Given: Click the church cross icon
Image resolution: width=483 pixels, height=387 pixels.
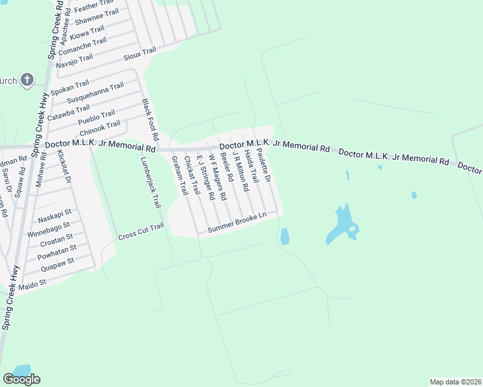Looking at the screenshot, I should click(26, 80).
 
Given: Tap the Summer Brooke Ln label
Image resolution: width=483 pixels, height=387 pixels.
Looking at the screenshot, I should click(237, 225).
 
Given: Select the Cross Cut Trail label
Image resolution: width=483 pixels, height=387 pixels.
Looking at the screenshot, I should click(141, 233).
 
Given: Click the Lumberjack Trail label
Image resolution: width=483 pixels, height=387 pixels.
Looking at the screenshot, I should click(149, 184).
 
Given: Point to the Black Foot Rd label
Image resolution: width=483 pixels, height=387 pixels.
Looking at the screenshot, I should click(150, 121).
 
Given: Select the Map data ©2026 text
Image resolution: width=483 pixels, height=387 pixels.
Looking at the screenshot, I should click(455, 382).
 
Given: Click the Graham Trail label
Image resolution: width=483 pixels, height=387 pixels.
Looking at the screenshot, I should click(179, 177).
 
